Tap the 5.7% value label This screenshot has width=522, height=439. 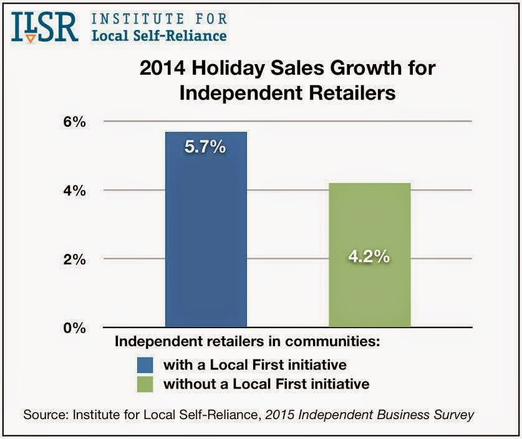point(206,149)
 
